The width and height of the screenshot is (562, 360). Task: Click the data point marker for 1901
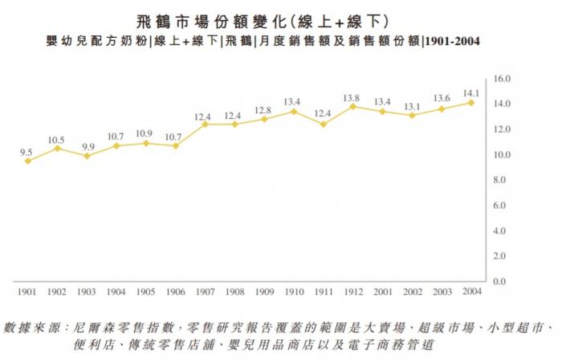click(28, 161)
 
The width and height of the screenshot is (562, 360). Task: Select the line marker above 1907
click(205, 124)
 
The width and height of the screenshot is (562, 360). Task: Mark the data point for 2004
click(471, 102)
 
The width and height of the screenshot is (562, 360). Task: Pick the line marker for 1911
click(322, 124)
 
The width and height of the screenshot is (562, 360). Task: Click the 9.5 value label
click(26, 150)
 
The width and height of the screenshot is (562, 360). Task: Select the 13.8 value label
click(351, 96)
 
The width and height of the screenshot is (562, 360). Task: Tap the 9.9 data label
click(87, 146)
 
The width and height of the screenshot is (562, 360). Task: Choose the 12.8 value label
click(263, 109)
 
